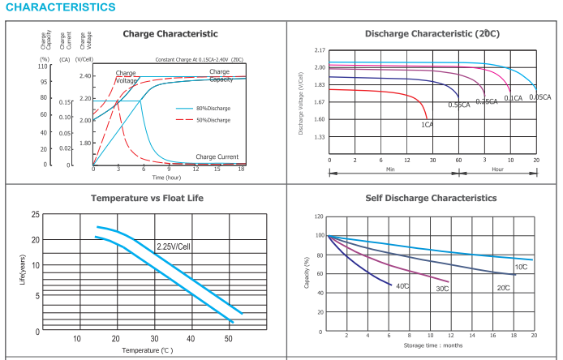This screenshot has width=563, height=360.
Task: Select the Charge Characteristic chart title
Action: (x=170, y=34)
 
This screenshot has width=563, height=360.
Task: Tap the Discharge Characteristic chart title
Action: (x=432, y=34)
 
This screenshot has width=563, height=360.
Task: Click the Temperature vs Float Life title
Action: (x=147, y=198)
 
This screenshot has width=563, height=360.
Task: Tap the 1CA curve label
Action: (x=426, y=125)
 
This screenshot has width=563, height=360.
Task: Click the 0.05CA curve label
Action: (x=539, y=97)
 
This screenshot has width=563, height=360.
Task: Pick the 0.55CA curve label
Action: (x=459, y=105)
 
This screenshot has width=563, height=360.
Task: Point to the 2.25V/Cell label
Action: (x=173, y=245)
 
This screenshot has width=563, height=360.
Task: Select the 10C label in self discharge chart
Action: (x=520, y=267)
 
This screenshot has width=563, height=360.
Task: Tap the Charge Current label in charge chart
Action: (x=217, y=156)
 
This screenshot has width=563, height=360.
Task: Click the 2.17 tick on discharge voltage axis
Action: (x=320, y=50)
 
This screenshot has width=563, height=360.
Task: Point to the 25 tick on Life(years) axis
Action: (x=35, y=215)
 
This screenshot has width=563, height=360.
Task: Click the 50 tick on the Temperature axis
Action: (x=229, y=339)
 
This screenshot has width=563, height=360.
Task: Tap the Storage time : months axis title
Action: (x=433, y=345)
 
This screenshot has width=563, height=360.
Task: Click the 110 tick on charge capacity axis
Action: (x=44, y=66)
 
